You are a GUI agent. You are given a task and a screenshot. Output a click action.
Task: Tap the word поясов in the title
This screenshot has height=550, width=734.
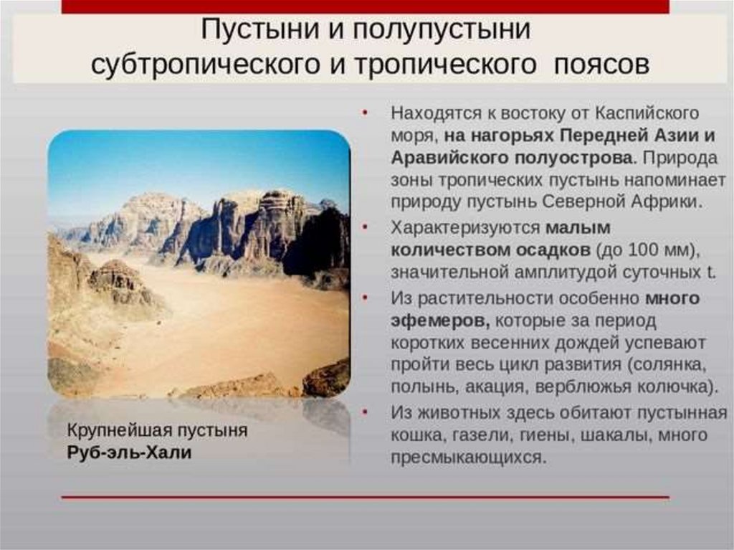click(x=601, y=65)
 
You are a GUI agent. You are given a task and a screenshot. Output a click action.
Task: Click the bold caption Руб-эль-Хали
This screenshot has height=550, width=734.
click(x=129, y=452)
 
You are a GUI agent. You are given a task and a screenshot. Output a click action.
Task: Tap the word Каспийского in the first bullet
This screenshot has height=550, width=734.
click(x=647, y=114)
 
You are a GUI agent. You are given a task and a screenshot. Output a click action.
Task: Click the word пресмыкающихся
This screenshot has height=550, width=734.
click(x=469, y=457)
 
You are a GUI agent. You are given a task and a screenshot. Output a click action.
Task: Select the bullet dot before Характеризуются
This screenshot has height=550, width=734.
click(x=365, y=227)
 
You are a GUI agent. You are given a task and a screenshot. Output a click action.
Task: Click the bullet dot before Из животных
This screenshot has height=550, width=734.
click(x=365, y=412)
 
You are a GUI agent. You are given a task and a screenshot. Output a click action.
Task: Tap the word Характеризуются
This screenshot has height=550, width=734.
click(x=465, y=228)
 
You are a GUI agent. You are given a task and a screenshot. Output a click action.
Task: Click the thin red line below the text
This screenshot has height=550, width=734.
click(x=365, y=497)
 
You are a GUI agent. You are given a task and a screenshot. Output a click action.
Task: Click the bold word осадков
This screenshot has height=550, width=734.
click(x=553, y=250)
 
